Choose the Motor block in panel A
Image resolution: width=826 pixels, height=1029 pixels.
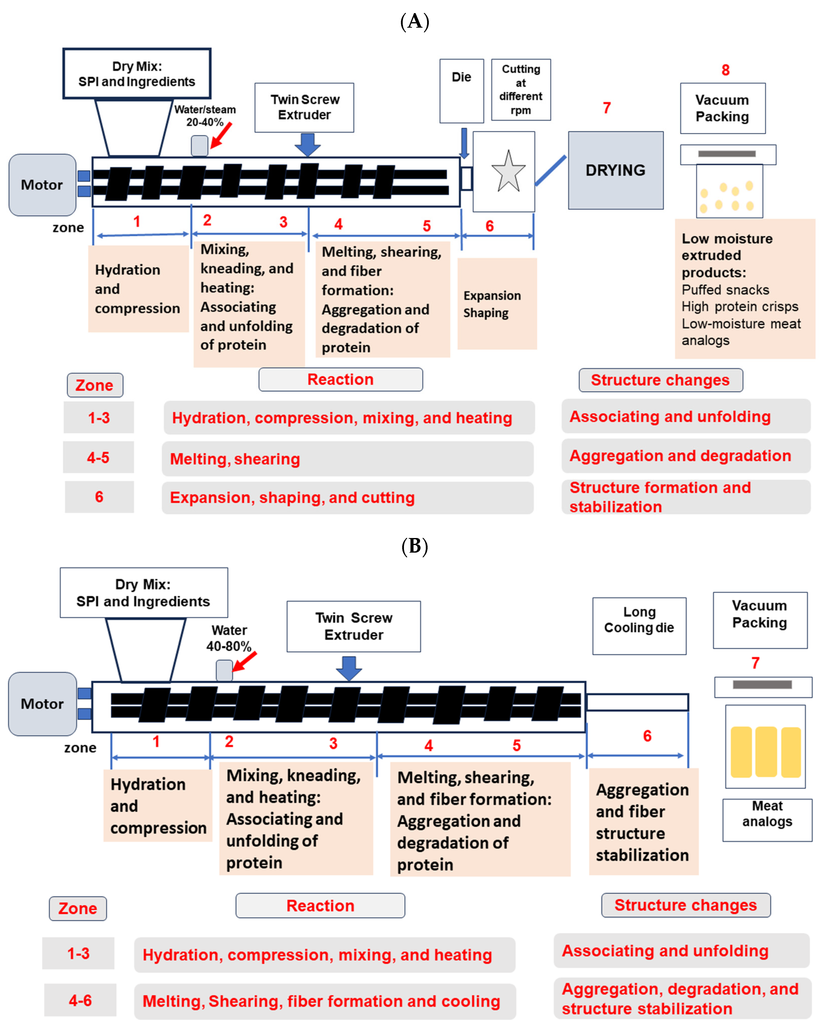click(42, 185)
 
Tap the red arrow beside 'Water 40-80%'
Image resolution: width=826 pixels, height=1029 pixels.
click(244, 661)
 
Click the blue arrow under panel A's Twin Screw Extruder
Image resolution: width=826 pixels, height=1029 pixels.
click(307, 144)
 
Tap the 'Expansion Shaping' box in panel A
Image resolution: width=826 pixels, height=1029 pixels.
click(497, 304)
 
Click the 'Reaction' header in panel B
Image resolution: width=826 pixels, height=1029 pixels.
click(320, 905)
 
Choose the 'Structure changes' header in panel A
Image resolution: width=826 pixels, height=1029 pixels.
click(660, 380)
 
